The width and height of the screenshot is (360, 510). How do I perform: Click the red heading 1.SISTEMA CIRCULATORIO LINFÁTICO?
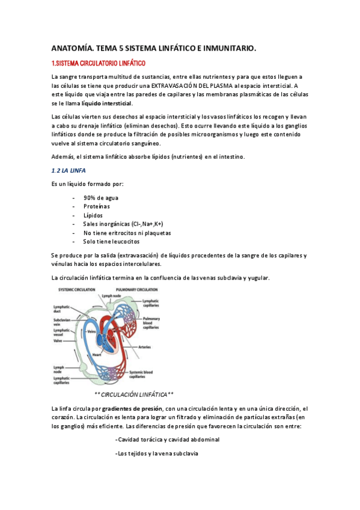pos(99,63)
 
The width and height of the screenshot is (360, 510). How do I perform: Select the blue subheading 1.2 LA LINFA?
pos(69,171)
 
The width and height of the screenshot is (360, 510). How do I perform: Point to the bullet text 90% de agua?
pos(101,197)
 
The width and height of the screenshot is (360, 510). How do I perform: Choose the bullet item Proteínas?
pos(97,206)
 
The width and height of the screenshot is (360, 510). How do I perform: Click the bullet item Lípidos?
pos(93,215)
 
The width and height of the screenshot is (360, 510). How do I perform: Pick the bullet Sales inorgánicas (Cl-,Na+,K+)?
pos(123,224)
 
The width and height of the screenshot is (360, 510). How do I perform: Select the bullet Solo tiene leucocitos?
pos(111,241)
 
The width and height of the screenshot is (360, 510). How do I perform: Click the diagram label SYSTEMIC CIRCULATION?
pos(76,290)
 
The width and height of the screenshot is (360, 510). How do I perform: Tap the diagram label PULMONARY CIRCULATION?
pos(138,290)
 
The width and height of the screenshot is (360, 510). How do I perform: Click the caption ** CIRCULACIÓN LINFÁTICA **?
pos(134,395)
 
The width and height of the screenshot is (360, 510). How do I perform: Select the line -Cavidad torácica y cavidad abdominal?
pos(167,440)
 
